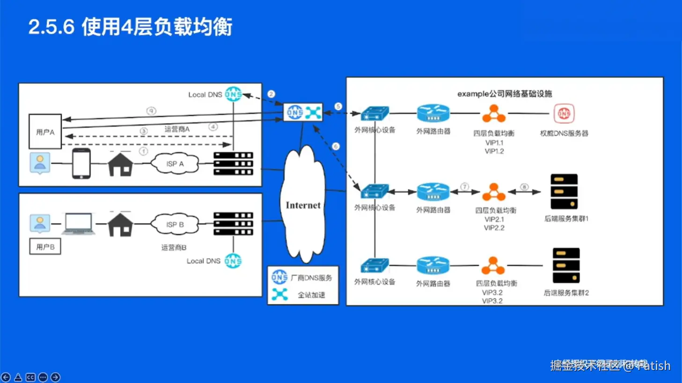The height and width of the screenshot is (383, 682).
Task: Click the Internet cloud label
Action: pyautogui.click(x=303, y=205)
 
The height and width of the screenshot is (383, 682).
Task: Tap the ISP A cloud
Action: pyautogui.click(x=175, y=164)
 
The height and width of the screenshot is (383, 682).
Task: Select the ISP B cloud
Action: pyautogui.click(x=175, y=225)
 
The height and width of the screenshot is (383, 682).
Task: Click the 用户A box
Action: pyautogui.click(x=45, y=132)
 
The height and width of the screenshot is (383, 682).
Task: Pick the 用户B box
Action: pyautogui.click(x=45, y=246)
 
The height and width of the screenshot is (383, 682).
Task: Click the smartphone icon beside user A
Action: pyautogui.click(x=81, y=164)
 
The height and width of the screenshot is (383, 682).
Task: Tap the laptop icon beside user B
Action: pyautogui.click(x=79, y=224)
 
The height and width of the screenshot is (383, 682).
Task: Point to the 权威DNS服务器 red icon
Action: pyautogui.click(x=564, y=114)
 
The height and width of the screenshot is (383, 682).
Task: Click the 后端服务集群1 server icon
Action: pyautogui.click(x=564, y=192)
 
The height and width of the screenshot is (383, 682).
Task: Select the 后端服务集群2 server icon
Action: pyautogui.click(x=566, y=266)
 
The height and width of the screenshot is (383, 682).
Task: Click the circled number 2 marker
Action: pyautogui.click(x=271, y=94)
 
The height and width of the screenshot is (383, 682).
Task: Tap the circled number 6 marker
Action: pyautogui.click(x=336, y=146)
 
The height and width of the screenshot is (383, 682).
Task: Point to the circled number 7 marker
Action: pyautogui.click(x=464, y=187)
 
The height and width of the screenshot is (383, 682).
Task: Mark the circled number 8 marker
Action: pyautogui.click(x=524, y=187)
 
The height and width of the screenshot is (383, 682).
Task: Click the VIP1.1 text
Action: pyautogui.click(x=494, y=143)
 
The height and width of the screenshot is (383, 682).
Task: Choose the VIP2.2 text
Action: pyautogui.click(x=494, y=228)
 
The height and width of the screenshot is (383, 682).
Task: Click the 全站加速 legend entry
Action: pyautogui.click(x=311, y=295)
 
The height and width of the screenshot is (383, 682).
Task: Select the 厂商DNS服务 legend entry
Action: pyautogui.click(x=311, y=278)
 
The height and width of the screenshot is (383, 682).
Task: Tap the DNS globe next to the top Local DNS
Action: pyautogui.click(x=233, y=94)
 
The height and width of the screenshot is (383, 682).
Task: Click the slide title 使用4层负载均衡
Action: pyautogui.click(x=157, y=27)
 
